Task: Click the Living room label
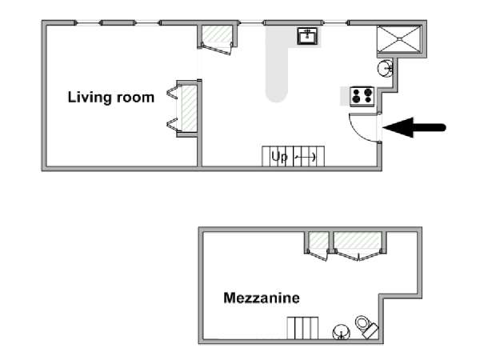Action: pos(111,98)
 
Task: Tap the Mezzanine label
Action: pos(262,298)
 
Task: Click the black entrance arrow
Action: pos(414,127)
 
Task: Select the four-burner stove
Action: pos(362,96)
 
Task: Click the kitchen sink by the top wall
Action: pos(307,36)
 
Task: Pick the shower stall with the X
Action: pos(399,39)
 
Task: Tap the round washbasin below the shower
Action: pos(385,68)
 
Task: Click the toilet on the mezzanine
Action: pos(366,326)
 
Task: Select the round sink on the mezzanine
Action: pos(341,332)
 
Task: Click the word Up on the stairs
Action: pos(279,157)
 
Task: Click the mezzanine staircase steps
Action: pos(302,328)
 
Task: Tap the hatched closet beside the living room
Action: pos(189,108)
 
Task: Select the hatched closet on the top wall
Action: pos(217,34)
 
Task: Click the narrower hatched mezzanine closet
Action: pos(318,240)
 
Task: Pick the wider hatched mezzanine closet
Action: pos(358,240)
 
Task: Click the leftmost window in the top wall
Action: pos(88,22)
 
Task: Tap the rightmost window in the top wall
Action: pos(335,22)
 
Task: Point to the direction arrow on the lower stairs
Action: pos(306,158)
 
